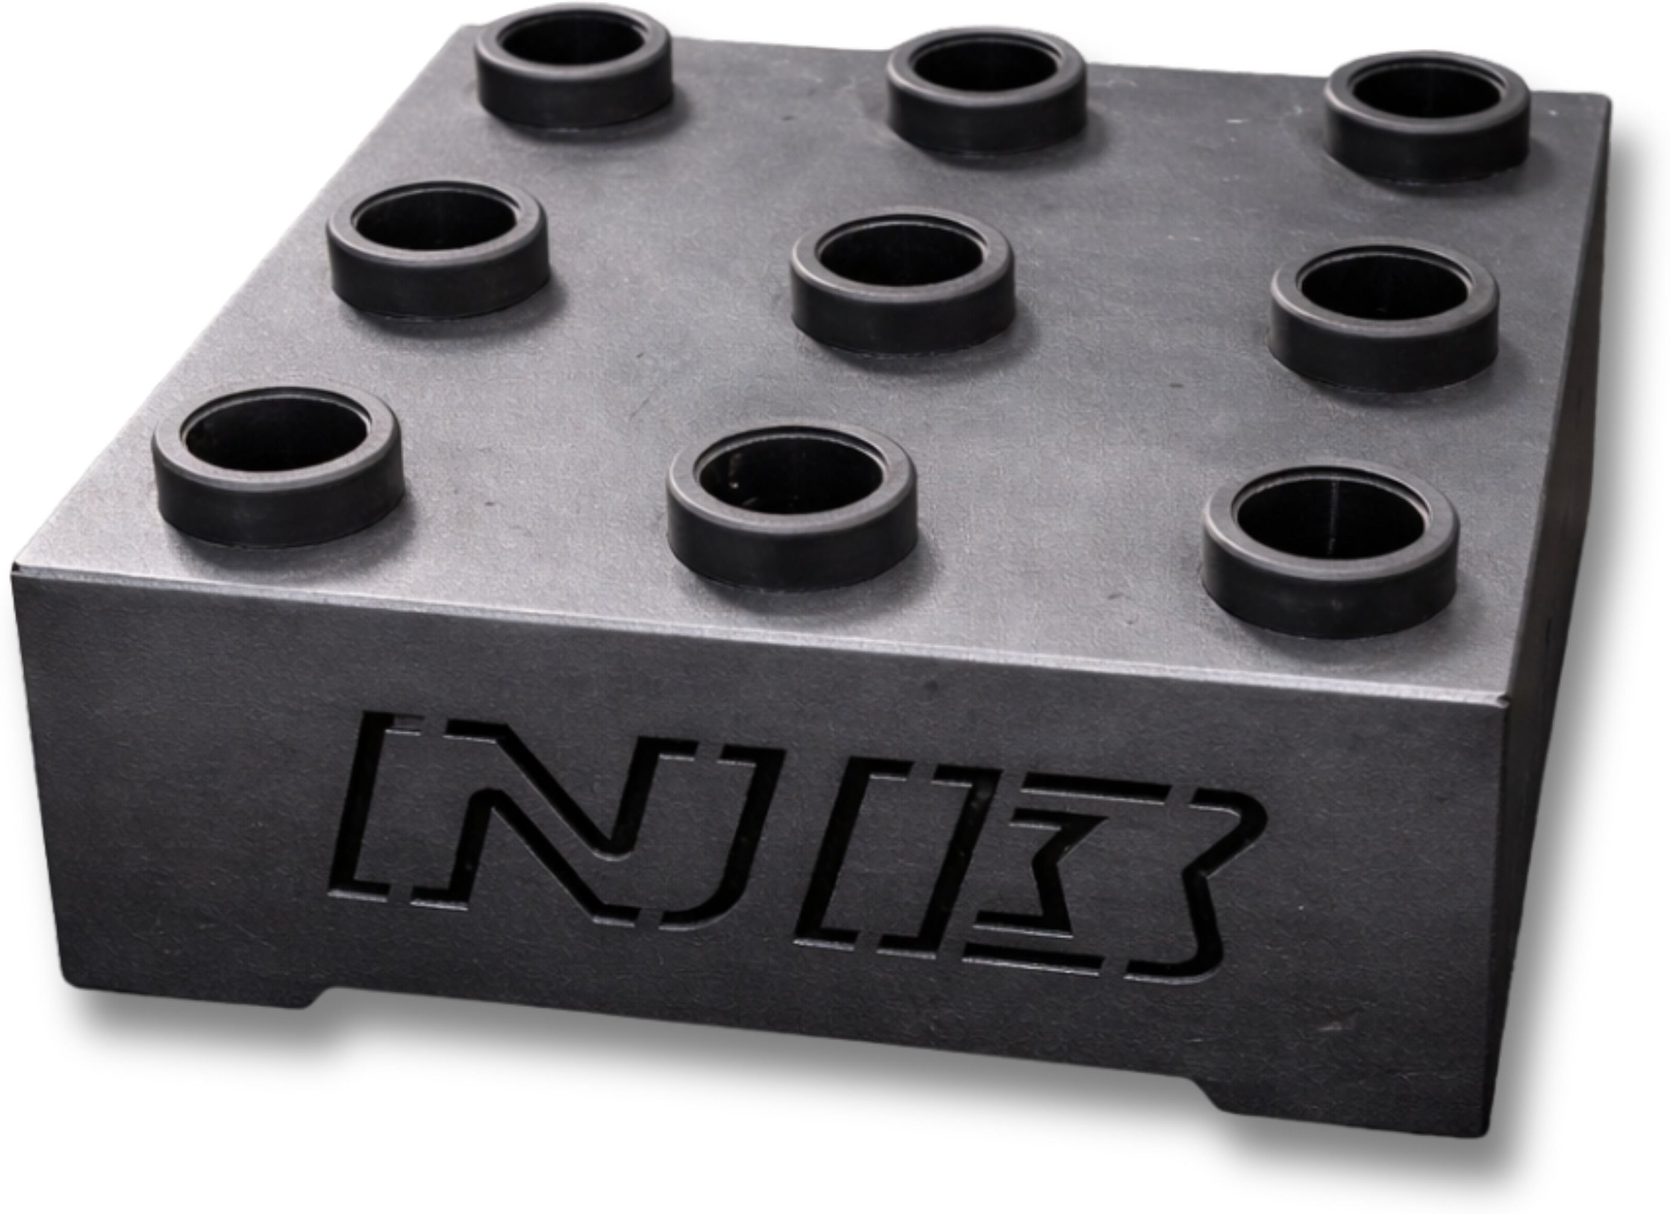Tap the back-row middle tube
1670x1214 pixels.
[987, 92]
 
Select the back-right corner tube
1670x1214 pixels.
[1428, 118]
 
